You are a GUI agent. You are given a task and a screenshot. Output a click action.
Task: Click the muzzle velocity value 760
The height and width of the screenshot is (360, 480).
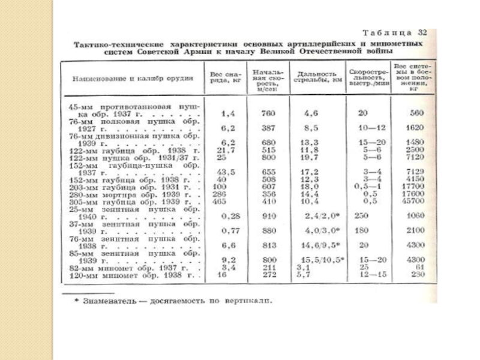(x=268, y=113)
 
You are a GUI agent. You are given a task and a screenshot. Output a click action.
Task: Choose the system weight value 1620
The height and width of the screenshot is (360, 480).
(x=414, y=127)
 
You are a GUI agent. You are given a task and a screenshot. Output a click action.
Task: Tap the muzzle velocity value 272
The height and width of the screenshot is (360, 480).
(x=268, y=275)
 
